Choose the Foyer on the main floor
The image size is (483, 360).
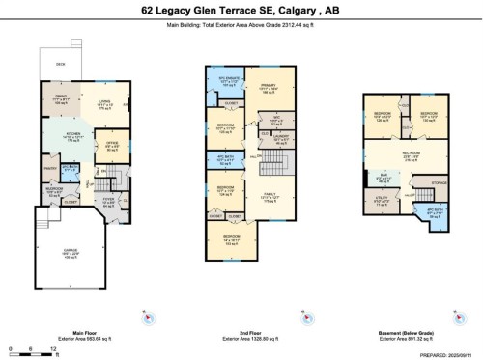point(108,201)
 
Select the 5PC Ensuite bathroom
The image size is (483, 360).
point(227,81)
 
